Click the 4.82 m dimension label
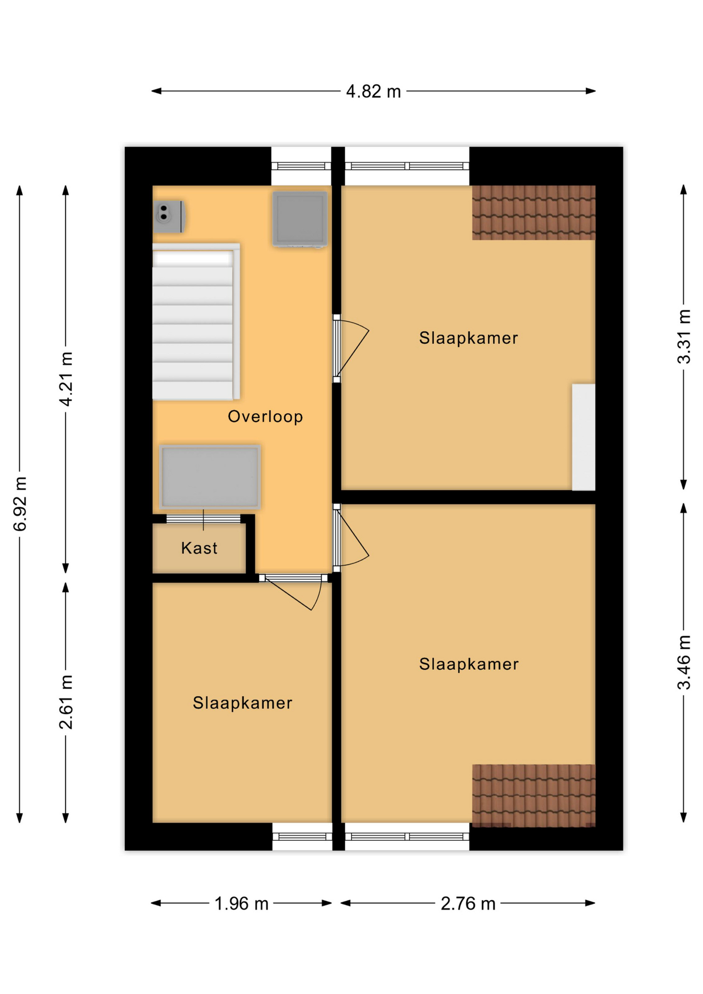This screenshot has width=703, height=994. point(373,92)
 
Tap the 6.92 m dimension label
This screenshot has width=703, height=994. point(20,504)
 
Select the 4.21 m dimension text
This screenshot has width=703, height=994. point(66,378)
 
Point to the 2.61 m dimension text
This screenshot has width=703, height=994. point(66,702)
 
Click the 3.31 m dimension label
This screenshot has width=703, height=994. point(684,337)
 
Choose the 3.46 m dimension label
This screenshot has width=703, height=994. point(684,662)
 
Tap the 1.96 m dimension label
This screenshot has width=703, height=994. point(241,903)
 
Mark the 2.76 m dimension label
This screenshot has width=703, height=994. point(468,903)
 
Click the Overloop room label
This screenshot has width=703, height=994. point(266,416)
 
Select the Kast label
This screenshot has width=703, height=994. point(199,548)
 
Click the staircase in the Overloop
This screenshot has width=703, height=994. point(196,321)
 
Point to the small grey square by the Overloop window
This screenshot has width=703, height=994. point(300,219)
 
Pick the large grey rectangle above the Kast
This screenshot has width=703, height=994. point(210,477)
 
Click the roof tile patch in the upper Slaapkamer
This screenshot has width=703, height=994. point(534,213)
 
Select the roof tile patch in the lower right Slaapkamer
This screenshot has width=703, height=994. point(534,795)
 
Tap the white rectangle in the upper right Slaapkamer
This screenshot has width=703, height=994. point(583,437)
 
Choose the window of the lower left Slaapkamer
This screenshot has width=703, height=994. point(302,836)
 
